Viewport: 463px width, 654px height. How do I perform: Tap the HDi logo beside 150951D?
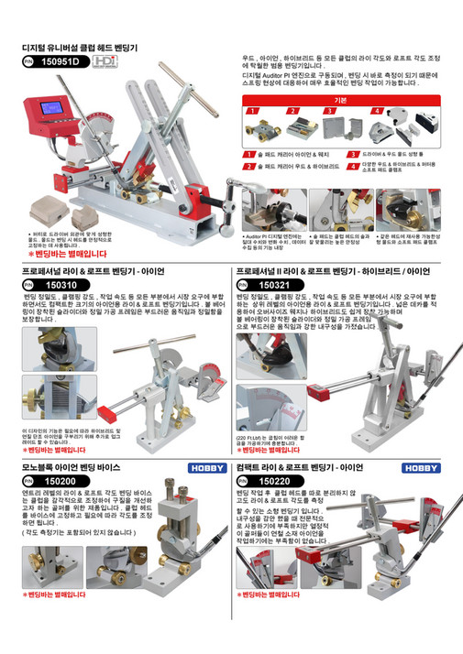(x=105, y=61)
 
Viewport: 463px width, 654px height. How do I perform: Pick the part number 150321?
(x=275, y=286)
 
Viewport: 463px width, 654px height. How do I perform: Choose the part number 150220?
(x=275, y=481)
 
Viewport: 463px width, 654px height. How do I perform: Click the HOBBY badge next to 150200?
(x=206, y=467)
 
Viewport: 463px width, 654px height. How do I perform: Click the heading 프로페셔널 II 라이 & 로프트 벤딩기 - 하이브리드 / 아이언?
(x=333, y=272)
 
